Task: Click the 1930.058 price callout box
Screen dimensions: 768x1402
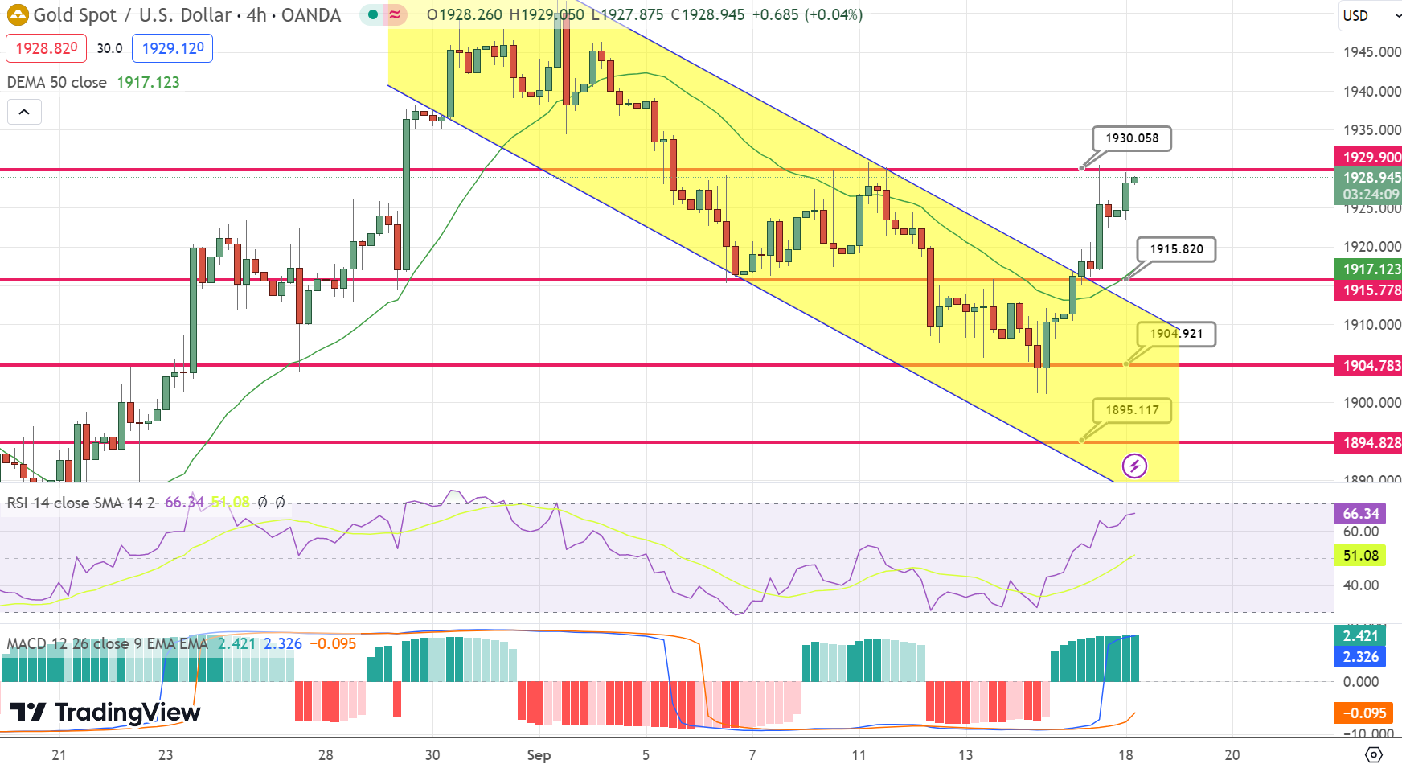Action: coord(1131,138)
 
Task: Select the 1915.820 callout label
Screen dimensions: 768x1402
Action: coord(1176,249)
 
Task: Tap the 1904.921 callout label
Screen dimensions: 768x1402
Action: coord(1176,334)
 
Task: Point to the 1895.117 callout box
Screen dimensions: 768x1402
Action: coord(1132,410)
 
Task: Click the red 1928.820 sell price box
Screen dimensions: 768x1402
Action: coord(47,48)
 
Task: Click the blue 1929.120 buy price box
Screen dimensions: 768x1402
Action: coord(173,48)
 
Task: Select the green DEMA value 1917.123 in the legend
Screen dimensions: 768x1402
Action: coord(148,82)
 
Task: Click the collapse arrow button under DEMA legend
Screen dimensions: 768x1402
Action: coord(24,112)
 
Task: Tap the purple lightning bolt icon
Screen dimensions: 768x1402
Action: coord(1134,466)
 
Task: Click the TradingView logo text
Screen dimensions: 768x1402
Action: coord(105,713)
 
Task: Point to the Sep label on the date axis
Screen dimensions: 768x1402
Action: coord(539,755)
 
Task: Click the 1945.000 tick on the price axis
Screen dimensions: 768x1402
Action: coord(1371,52)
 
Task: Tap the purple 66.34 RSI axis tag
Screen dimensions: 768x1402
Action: coord(1360,513)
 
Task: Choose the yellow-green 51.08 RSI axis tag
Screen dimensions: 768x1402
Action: coord(1360,555)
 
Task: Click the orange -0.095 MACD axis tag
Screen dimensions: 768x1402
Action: coord(1364,713)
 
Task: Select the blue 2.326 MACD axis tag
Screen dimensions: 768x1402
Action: coord(1360,657)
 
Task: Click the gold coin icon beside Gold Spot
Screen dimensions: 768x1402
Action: coord(18,14)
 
